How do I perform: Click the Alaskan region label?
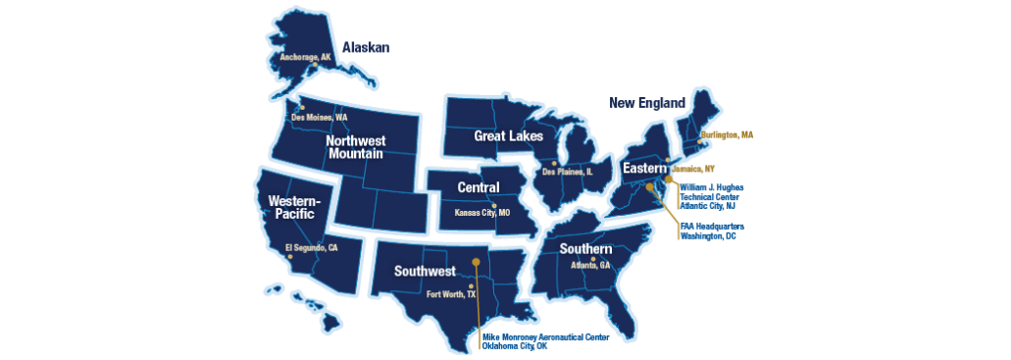(x=366, y=47)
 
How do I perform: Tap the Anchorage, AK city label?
(x=307, y=57)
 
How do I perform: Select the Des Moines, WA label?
(x=320, y=117)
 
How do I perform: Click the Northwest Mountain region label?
(x=356, y=146)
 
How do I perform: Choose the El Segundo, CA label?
(x=311, y=248)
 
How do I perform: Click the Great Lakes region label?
(x=508, y=135)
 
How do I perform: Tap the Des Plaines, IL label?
(x=568, y=172)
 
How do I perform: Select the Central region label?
(x=479, y=187)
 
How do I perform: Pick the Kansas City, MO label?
(x=482, y=212)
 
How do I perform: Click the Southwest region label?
(x=425, y=271)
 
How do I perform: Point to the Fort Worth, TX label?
(x=451, y=293)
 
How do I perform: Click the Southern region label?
(x=585, y=249)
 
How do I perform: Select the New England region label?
(x=649, y=102)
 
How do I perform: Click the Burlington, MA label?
(x=727, y=134)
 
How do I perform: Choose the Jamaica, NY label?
(x=693, y=169)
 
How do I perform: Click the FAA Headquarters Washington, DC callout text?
(x=712, y=231)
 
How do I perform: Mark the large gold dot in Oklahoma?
(x=476, y=261)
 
